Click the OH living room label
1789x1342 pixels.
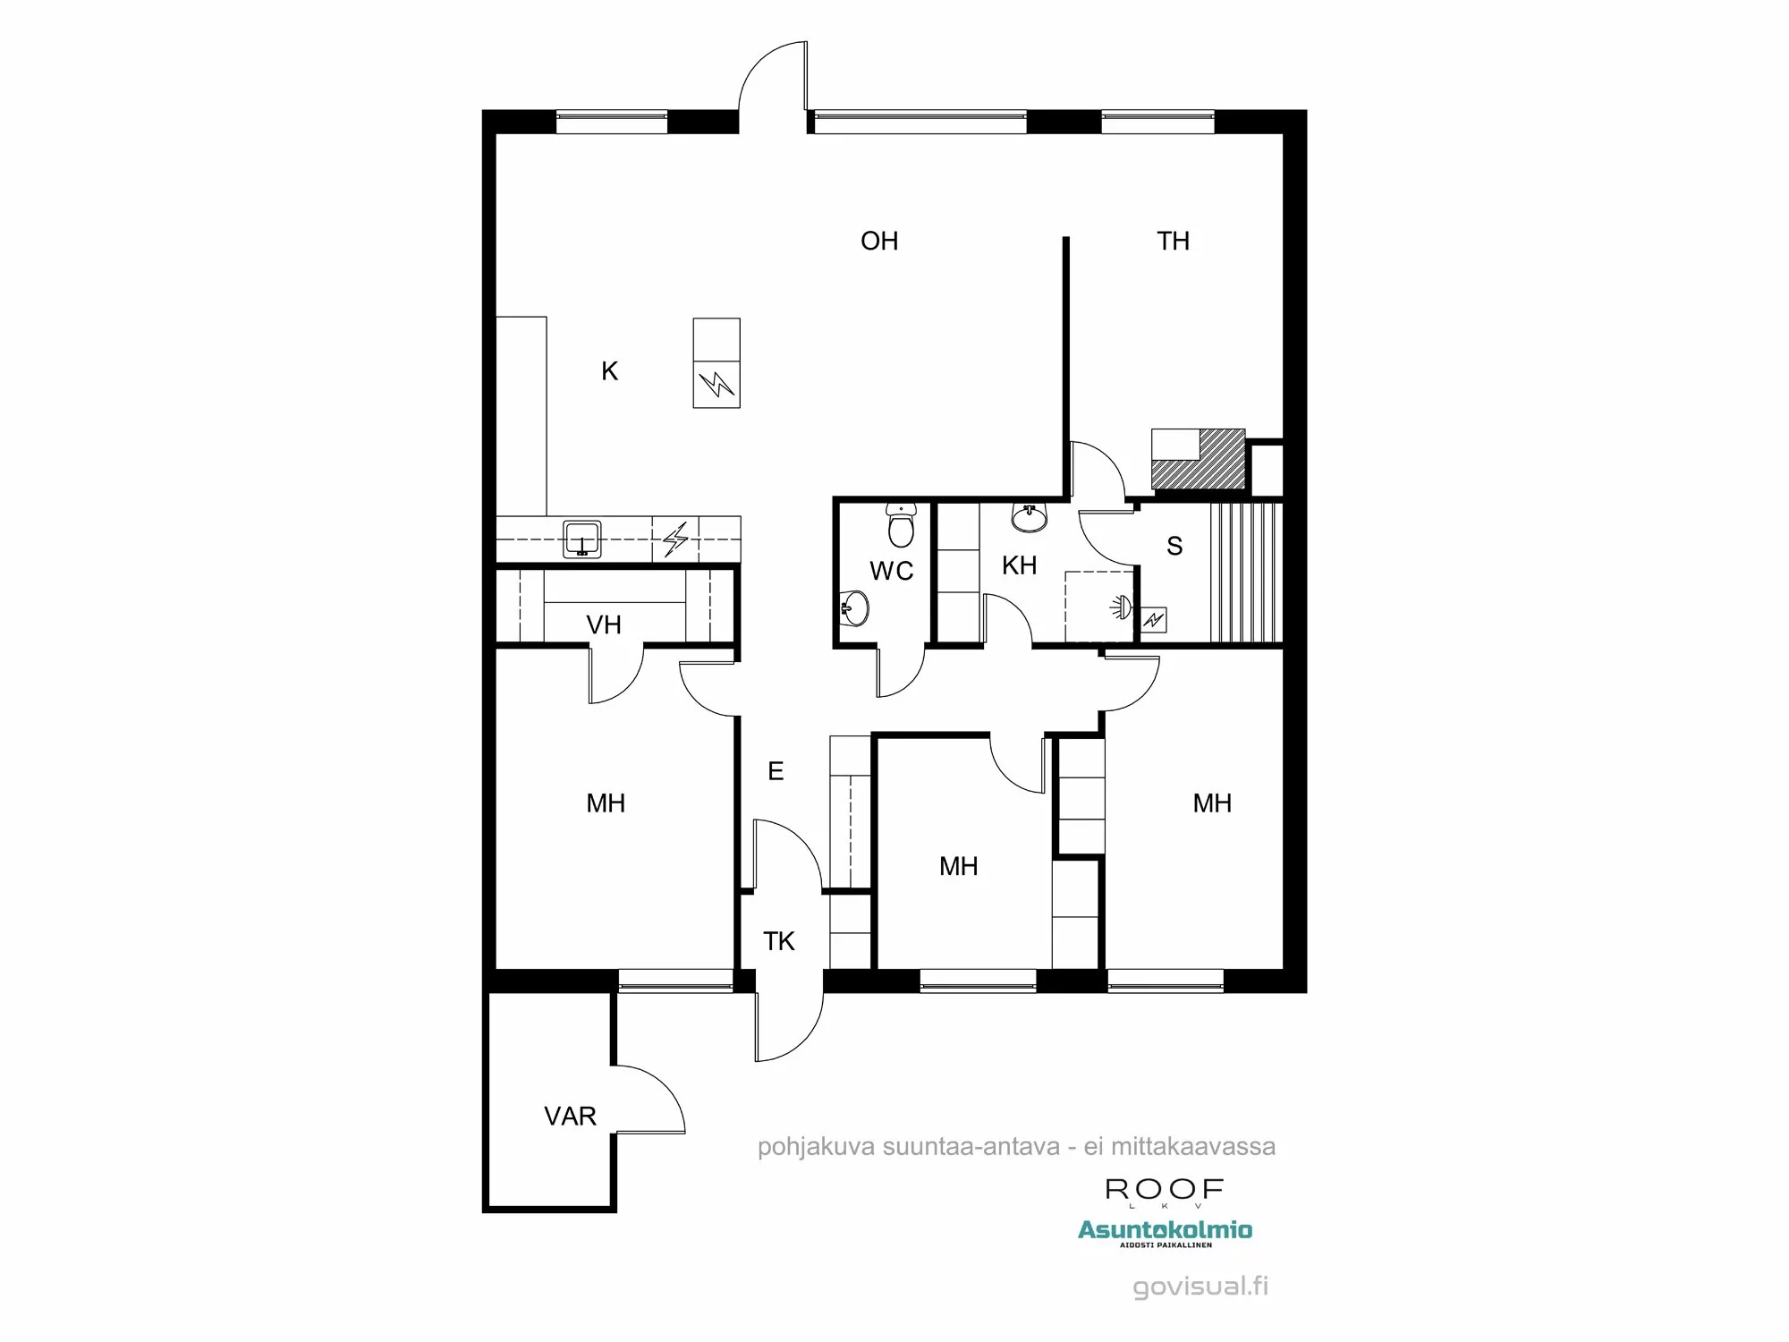point(878,241)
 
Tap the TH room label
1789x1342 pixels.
point(1173,241)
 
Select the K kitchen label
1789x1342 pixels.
point(609,371)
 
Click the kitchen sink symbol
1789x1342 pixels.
point(582,539)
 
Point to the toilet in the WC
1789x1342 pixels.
point(901,525)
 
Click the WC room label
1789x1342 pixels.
point(891,571)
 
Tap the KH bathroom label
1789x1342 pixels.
point(1019,565)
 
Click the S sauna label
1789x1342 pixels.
point(1174,546)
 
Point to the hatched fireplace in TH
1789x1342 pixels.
point(1199,460)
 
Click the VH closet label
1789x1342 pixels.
point(604,624)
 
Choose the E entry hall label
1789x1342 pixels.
point(776,771)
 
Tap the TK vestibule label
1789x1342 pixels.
point(778,941)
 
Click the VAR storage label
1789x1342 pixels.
point(570,1116)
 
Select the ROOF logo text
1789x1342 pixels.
point(1164,1189)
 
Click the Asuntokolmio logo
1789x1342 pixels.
point(1165,1231)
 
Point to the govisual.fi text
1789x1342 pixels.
point(1200,1286)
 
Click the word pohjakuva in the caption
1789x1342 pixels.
point(816,1147)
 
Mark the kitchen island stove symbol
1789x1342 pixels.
point(716,385)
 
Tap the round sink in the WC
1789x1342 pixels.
point(855,609)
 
